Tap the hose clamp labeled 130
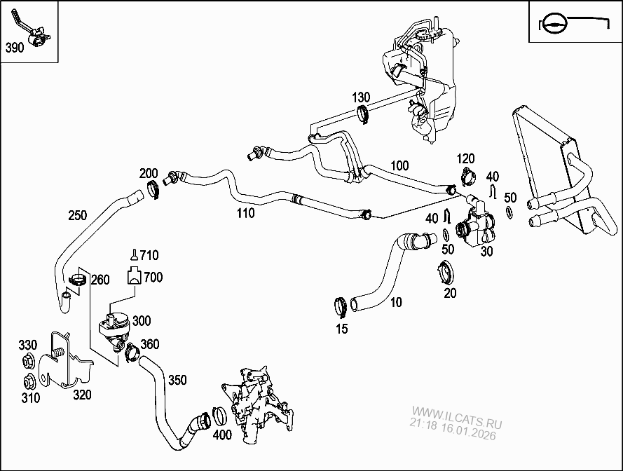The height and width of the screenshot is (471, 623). coord(362,113)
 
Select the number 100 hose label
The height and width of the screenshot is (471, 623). coord(399,166)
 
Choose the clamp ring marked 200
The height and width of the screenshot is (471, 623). coord(155,189)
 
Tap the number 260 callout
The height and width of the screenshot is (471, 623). coord(100,280)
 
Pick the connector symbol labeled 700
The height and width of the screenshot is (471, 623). coord(132,277)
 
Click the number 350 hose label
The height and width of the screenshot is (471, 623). coord(177,380)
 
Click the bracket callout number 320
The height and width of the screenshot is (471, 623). coord(82,395)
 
